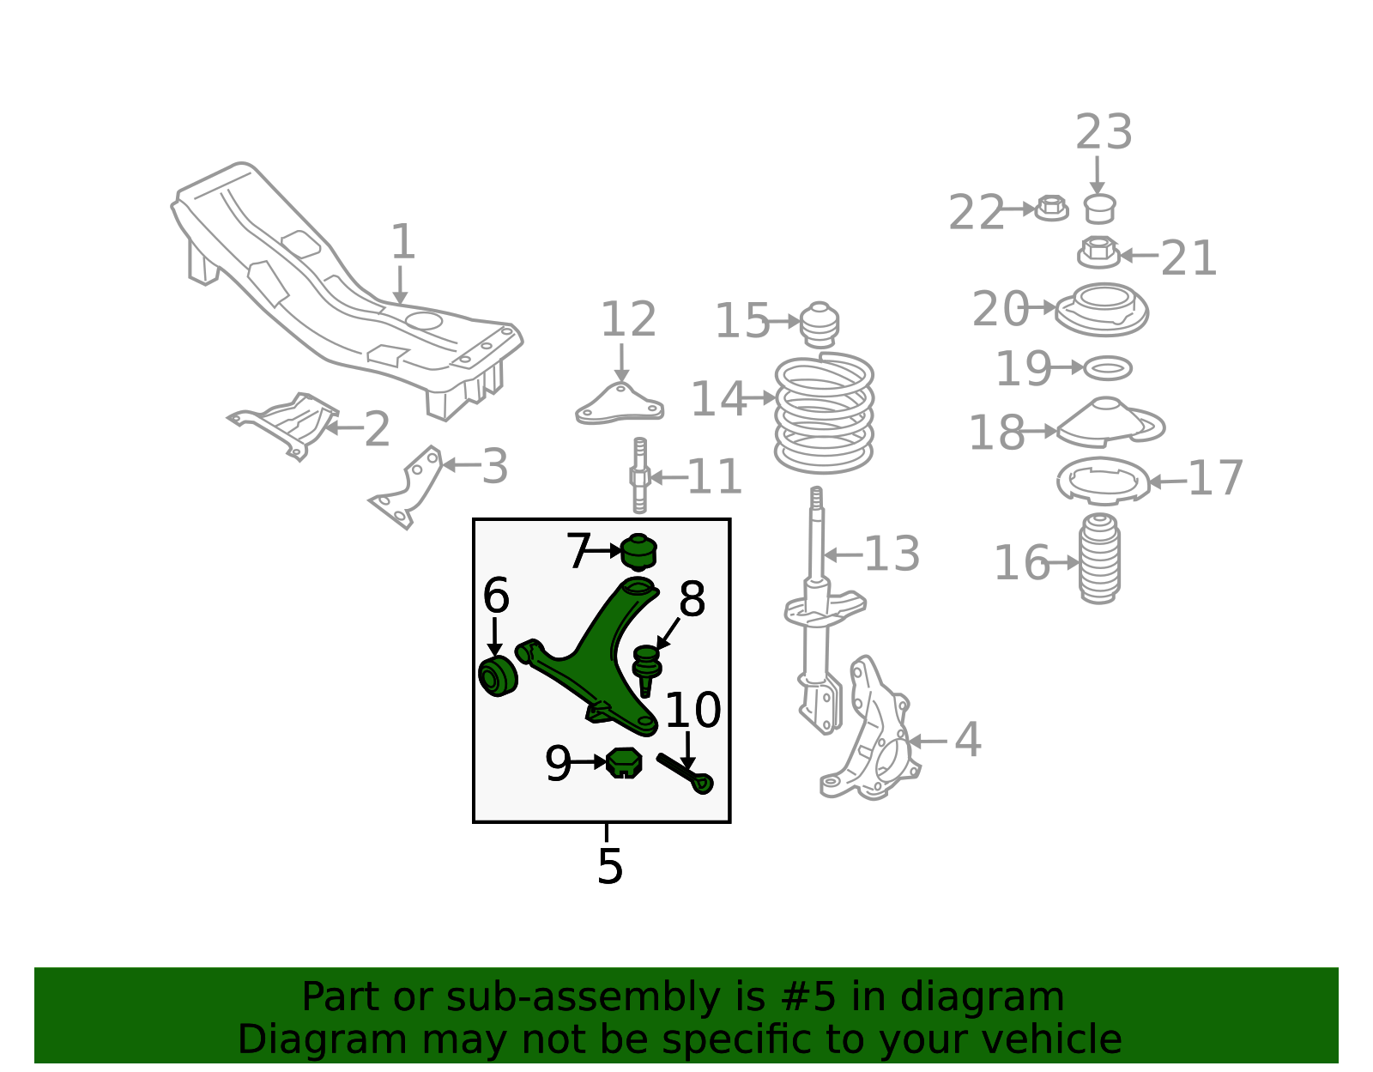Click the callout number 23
(x=1104, y=132)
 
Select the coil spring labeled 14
(x=824, y=413)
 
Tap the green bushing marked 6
(x=498, y=676)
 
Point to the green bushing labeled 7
(x=638, y=552)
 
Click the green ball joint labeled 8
(x=646, y=670)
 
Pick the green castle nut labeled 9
(x=624, y=762)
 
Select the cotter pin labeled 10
(x=685, y=774)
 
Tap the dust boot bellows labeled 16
(x=1099, y=559)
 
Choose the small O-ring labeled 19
(x=1108, y=367)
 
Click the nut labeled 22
(x=1051, y=208)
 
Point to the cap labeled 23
(x=1100, y=209)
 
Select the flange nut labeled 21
(x=1098, y=252)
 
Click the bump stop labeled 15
(x=820, y=324)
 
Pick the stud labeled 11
(x=639, y=475)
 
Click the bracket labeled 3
(x=407, y=487)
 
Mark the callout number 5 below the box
(x=610, y=866)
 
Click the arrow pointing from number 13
(x=844, y=555)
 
